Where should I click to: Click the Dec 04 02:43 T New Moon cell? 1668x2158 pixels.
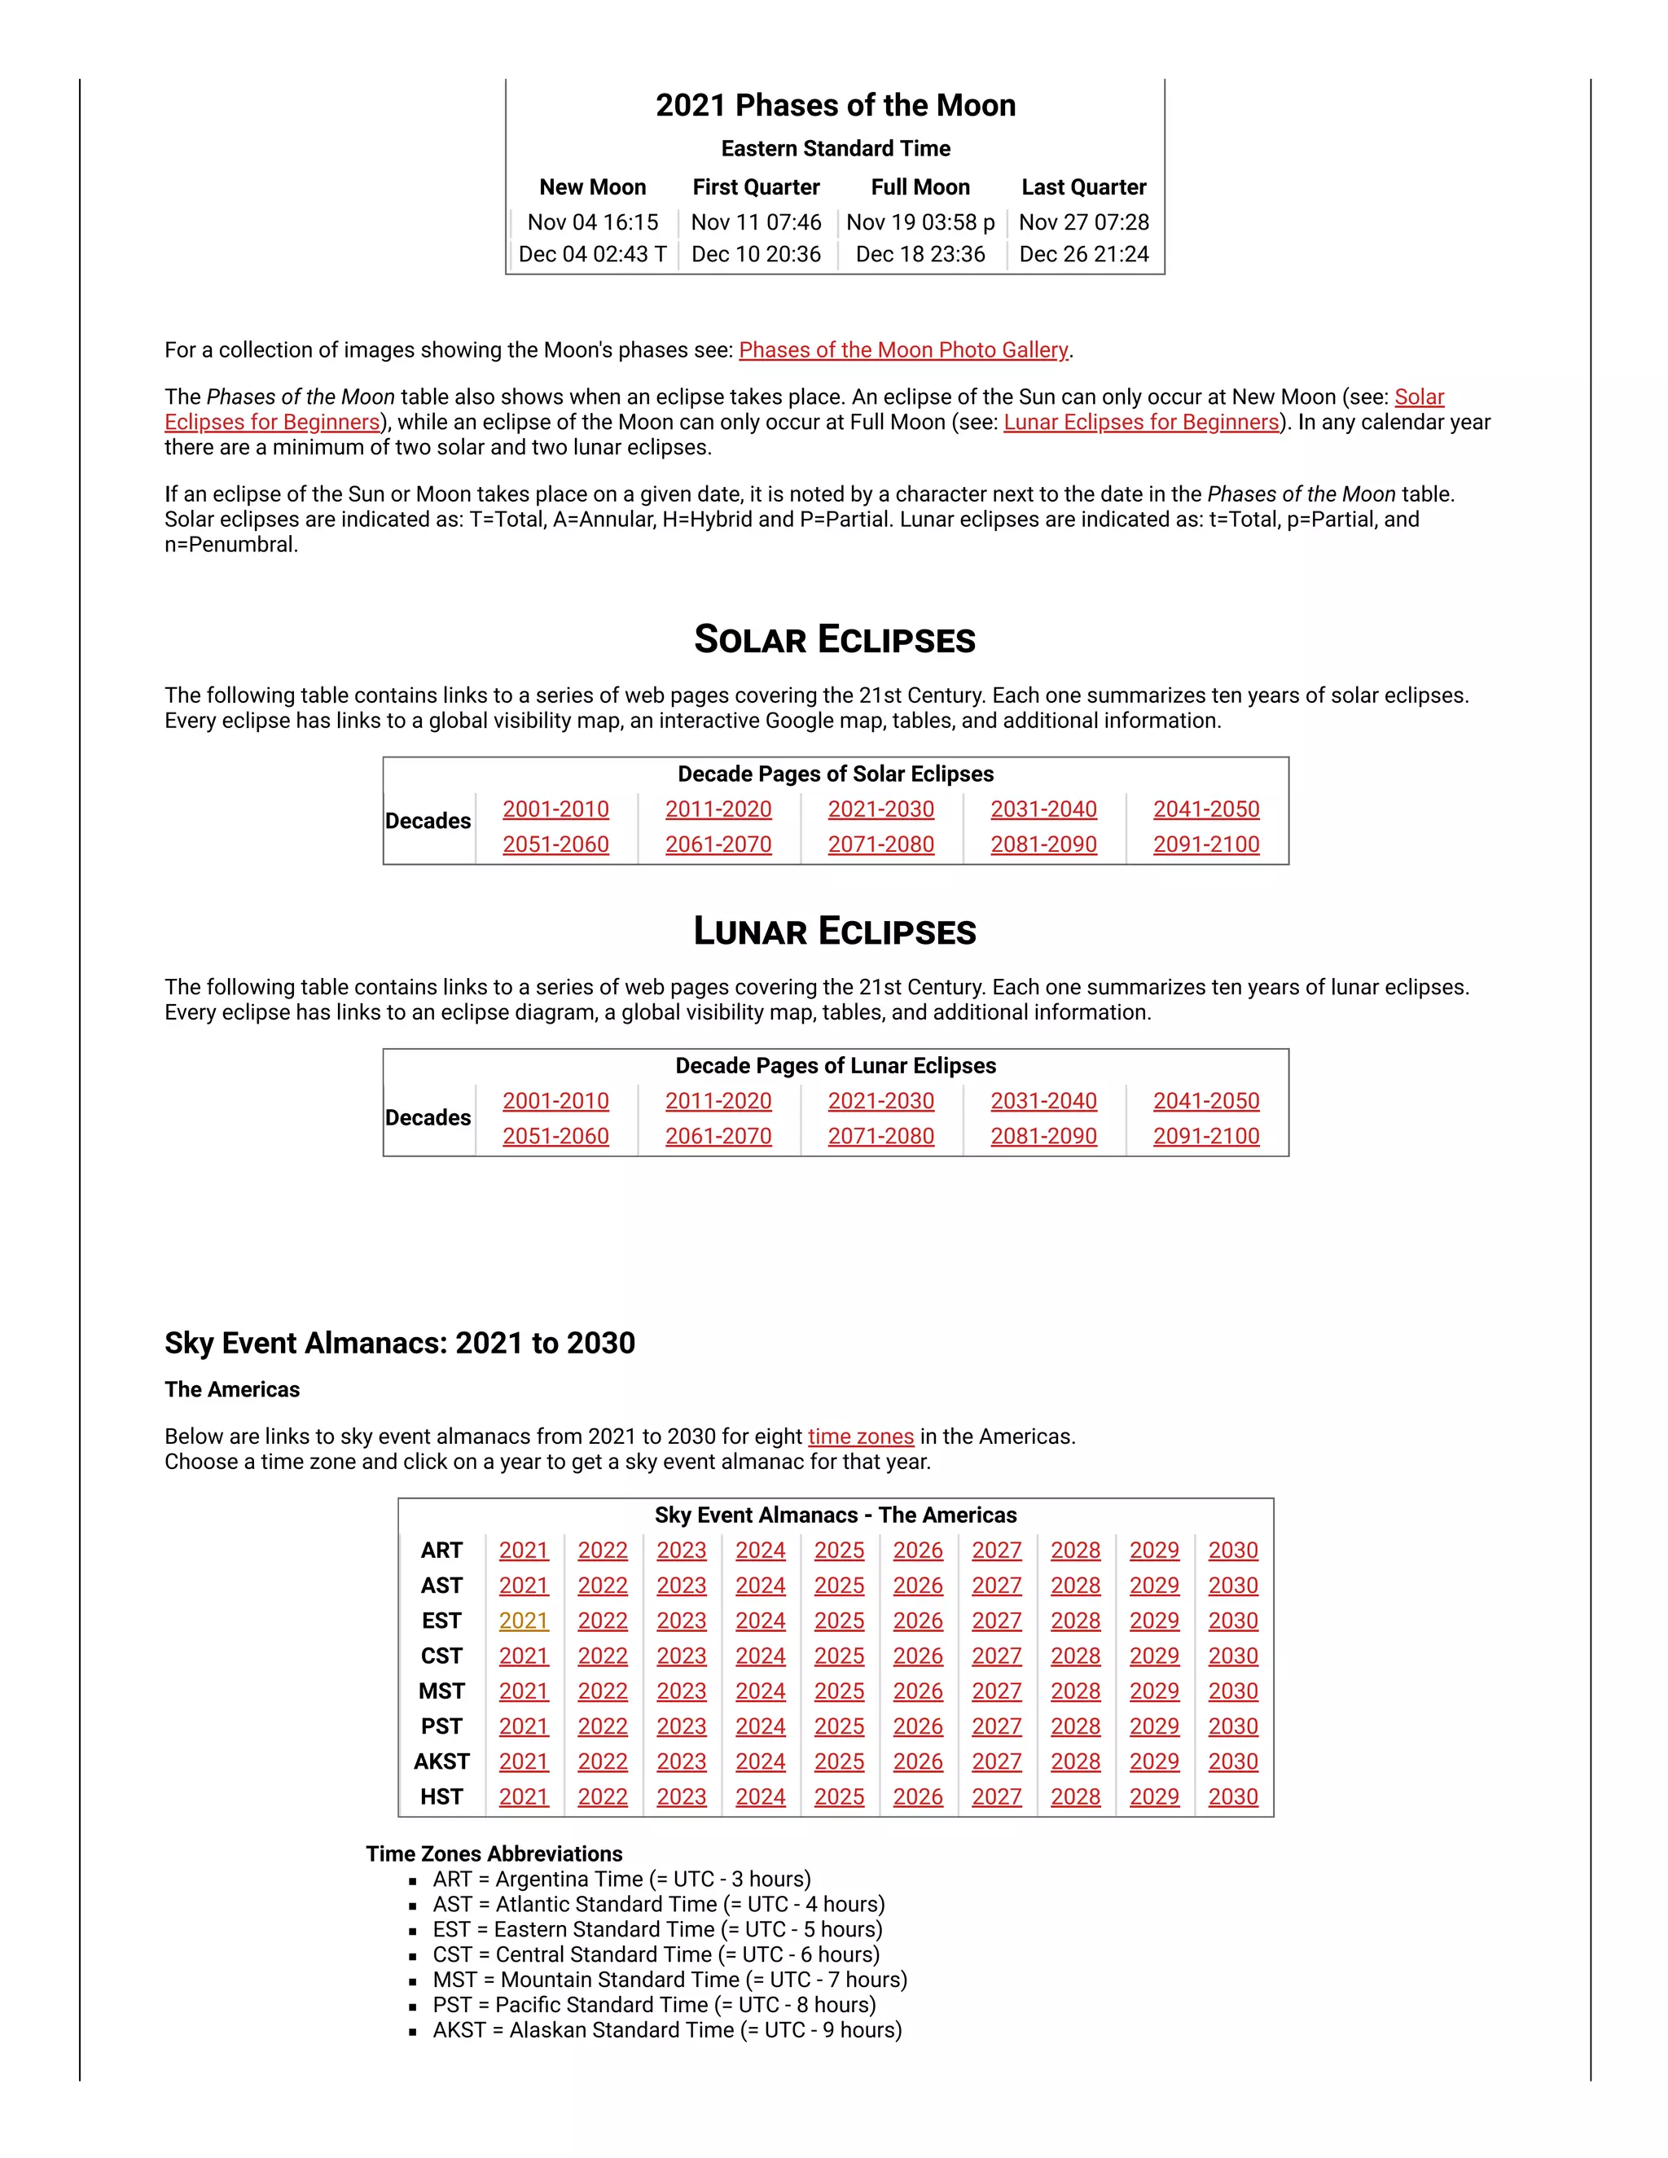pos(592,254)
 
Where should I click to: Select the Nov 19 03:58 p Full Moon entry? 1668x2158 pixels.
pos(920,222)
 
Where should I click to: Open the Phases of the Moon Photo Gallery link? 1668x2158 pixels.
pos(903,350)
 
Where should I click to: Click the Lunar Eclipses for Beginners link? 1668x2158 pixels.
pos(1141,422)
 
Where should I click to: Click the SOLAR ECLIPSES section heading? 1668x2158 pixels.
pos(834,639)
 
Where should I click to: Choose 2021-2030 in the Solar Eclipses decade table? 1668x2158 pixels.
pos(880,809)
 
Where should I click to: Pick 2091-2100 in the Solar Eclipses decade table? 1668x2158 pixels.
pos(1205,844)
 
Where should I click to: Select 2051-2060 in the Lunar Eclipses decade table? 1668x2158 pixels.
pos(555,1136)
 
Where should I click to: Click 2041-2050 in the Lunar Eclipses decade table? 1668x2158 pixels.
pos(1205,1101)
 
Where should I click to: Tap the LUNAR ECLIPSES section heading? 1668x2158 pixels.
pos(834,931)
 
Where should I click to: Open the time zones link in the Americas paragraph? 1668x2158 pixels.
pos(861,1436)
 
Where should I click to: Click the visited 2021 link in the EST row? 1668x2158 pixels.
pos(523,1621)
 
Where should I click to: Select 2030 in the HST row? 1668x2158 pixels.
pos(1232,1797)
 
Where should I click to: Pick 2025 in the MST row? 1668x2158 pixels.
pos(839,1691)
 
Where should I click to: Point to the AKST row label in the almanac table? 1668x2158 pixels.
pos(441,1761)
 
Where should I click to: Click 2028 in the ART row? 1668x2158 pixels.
pos(1075,1551)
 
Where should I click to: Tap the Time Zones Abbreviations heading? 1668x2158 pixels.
pos(494,1853)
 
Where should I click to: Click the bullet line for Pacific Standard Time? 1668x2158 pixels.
pos(653,2005)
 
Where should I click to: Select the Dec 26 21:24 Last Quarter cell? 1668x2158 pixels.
pos(1083,254)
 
